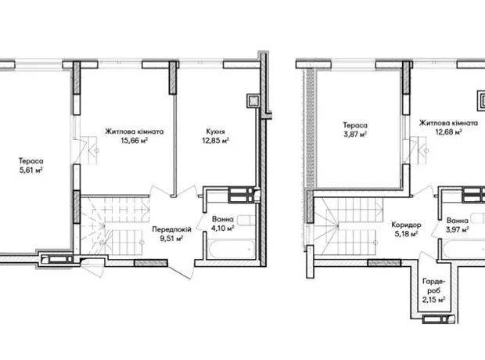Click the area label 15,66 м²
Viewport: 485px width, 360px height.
(135, 141)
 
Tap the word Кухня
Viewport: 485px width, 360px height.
(216, 131)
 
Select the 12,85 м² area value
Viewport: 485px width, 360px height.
(216, 141)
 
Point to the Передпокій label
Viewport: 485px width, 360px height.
(171, 229)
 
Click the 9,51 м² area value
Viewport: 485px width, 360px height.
(171, 239)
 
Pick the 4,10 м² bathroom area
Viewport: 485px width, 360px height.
(222, 229)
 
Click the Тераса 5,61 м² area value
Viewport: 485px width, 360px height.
(31, 170)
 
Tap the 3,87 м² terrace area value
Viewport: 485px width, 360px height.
(355, 135)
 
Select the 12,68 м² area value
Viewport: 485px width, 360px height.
(449, 132)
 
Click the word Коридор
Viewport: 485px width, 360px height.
(406, 225)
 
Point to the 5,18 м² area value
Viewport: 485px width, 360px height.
(406, 234)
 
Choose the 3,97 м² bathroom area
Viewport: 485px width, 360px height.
(458, 229)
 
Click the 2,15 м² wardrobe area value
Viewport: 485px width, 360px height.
(433, 300)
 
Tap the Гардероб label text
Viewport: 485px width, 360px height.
(433, 286)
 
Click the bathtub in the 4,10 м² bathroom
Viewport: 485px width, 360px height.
(230, 249)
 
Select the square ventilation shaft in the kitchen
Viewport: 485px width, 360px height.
(253, 101)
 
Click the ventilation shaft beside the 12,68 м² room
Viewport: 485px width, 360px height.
(481, 101)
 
